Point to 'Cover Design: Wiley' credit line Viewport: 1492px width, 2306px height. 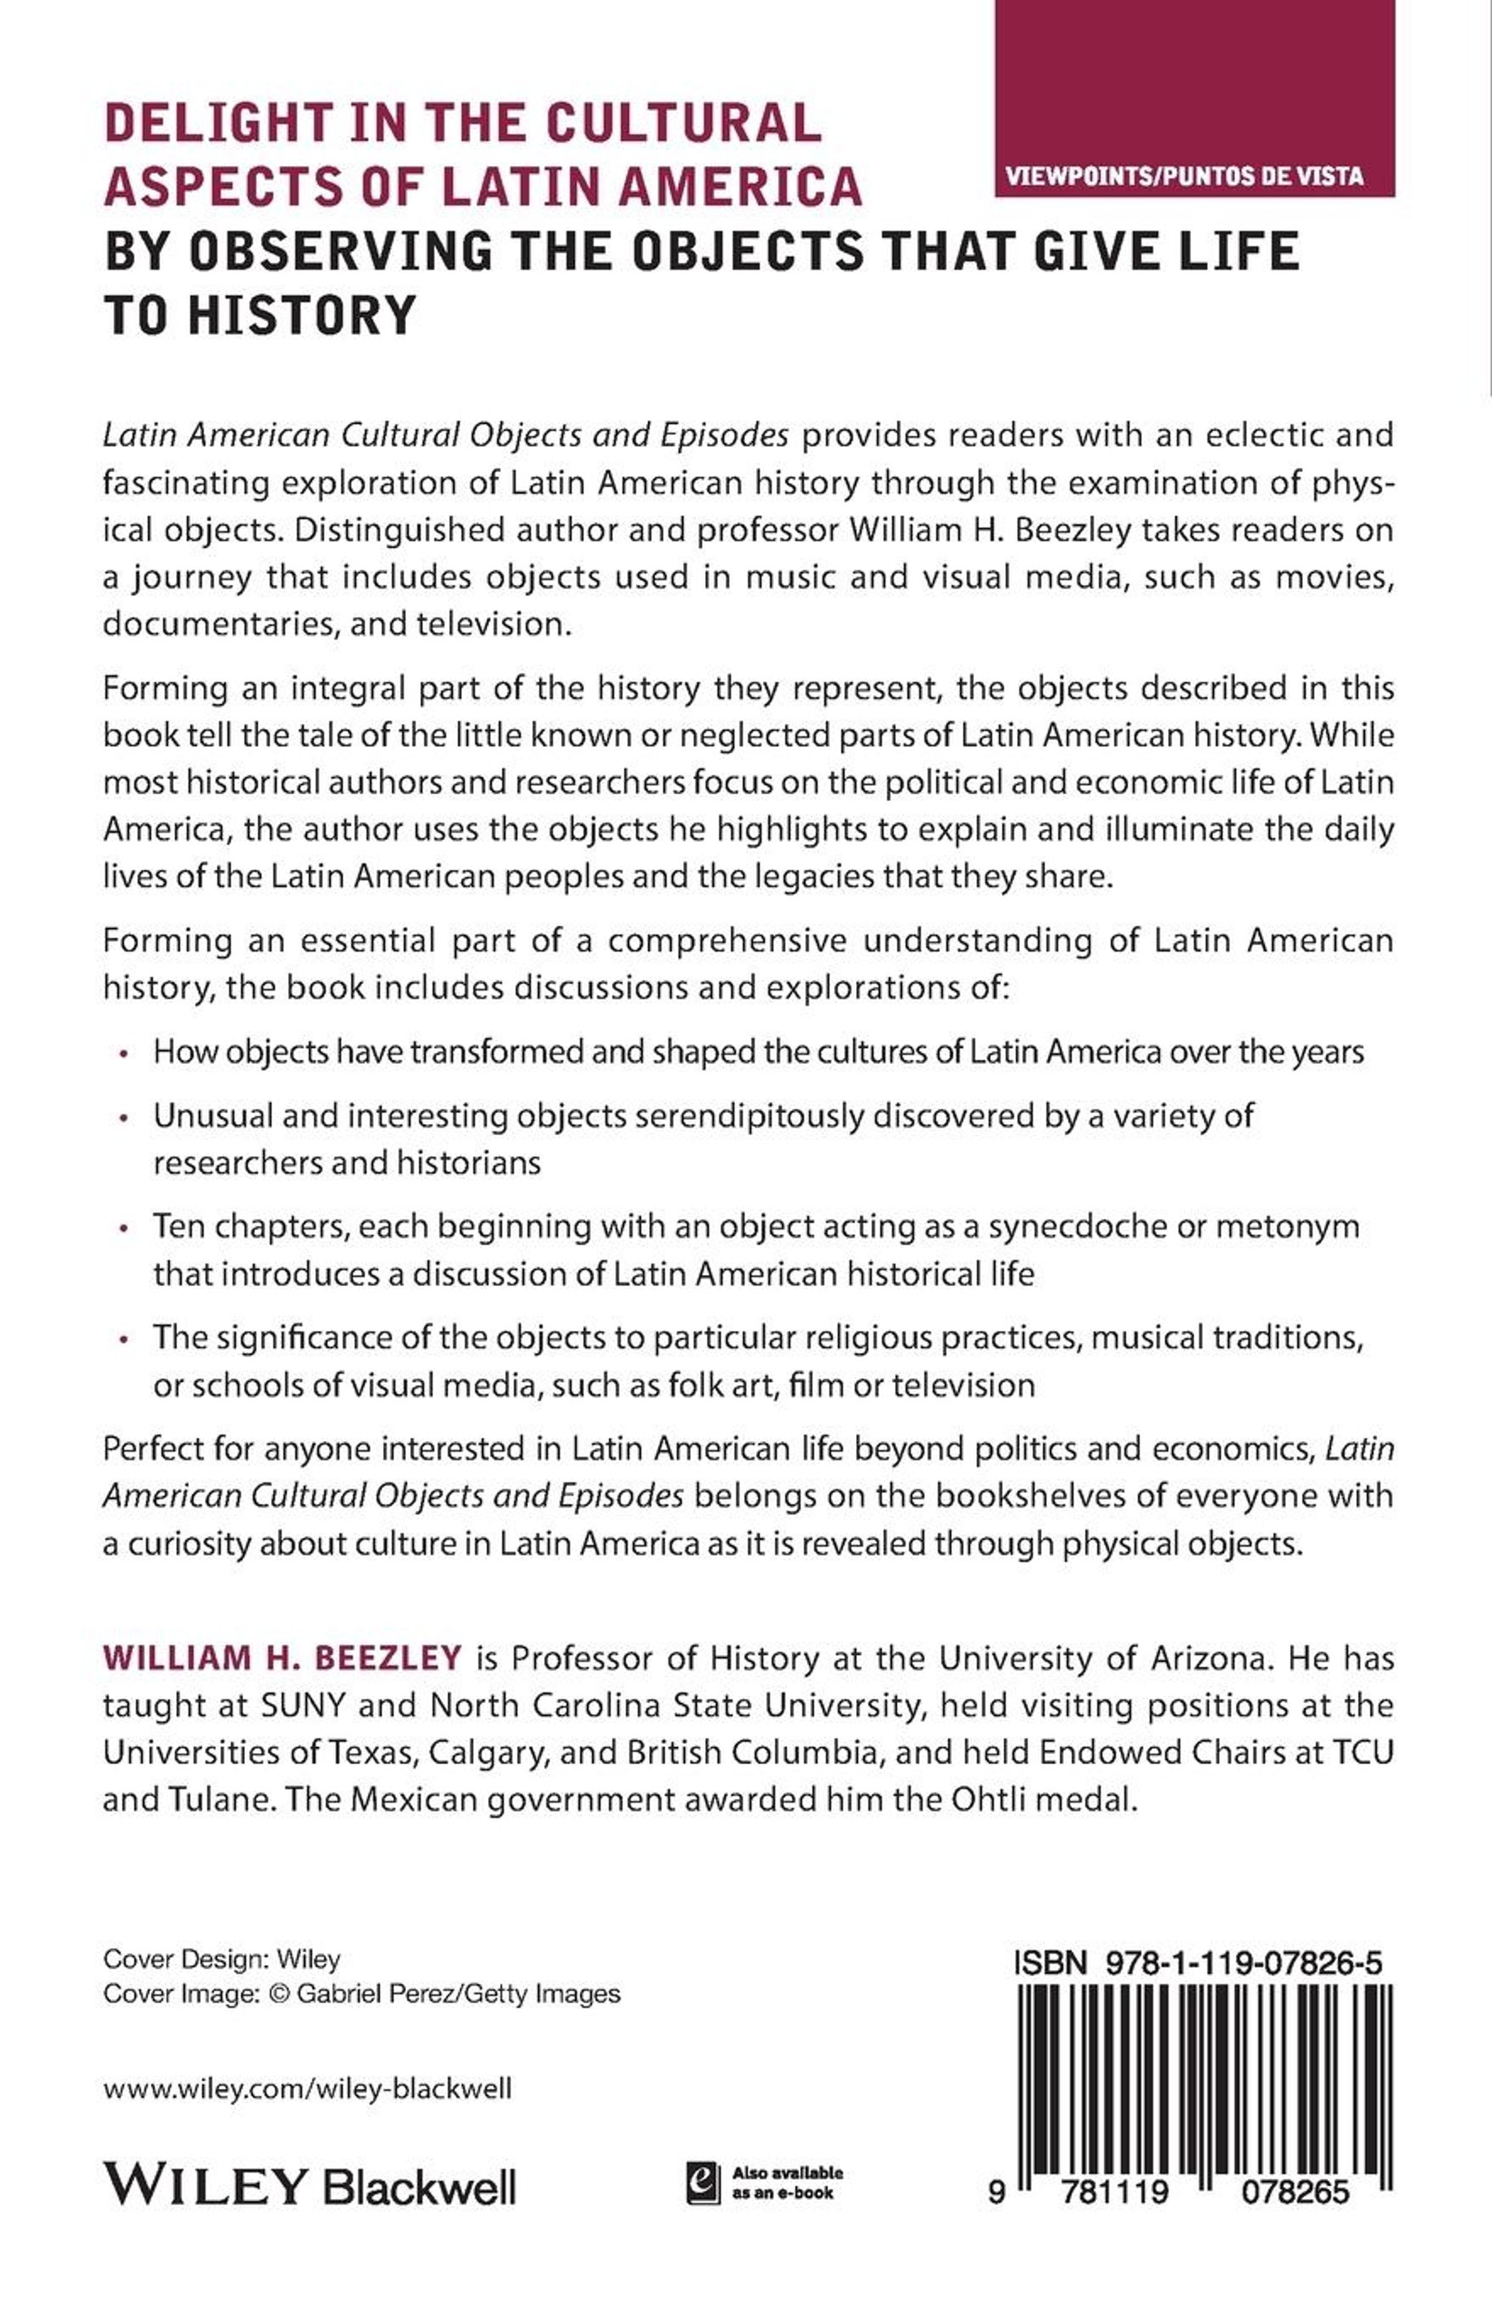tap(222, 1959)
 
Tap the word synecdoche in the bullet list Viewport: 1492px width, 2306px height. tap(1075, 1227)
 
